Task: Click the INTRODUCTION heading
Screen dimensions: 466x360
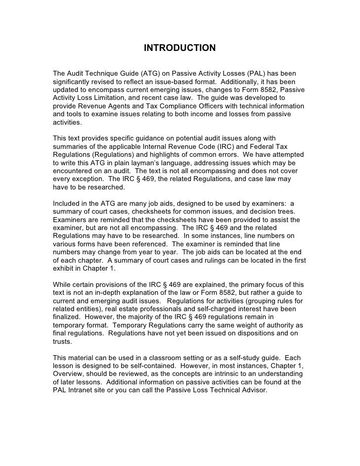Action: [x=180, y=48]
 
